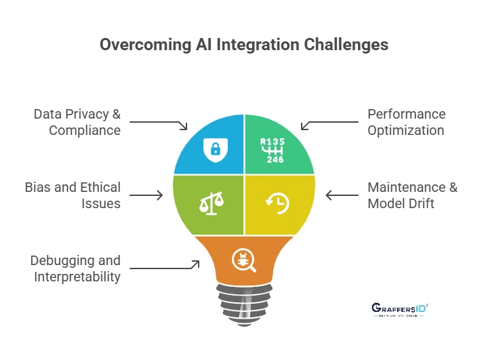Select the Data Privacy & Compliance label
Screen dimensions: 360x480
tap(77, 122)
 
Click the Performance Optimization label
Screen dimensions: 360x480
tap(406, 122)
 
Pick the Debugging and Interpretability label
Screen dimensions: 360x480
tap(75, 268)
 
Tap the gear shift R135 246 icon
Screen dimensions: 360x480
tap(275, 150)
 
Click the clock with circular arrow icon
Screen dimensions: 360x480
tap(277, 203)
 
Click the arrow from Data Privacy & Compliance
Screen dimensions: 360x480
tap(159, 123)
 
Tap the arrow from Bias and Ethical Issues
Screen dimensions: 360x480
tap(146, 195)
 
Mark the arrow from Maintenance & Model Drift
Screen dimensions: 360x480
tap(342, 195)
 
